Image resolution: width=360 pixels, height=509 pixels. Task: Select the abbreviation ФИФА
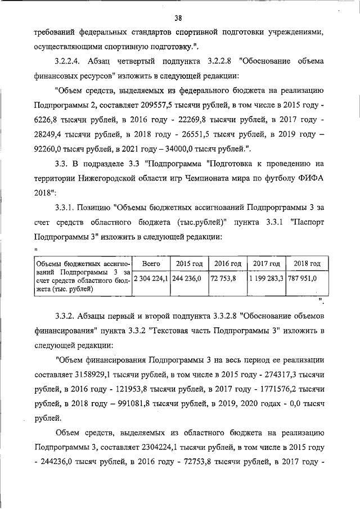[x=310, y=192]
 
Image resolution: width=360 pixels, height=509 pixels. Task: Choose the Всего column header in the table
[x=151, y=263]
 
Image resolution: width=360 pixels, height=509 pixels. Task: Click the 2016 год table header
[x=228, y=263]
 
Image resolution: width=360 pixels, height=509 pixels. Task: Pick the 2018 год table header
[x=307, y=263]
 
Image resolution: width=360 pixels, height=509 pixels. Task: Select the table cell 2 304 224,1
[x=151, y=278]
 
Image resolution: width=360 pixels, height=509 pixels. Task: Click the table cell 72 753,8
[x=223, y=278]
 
